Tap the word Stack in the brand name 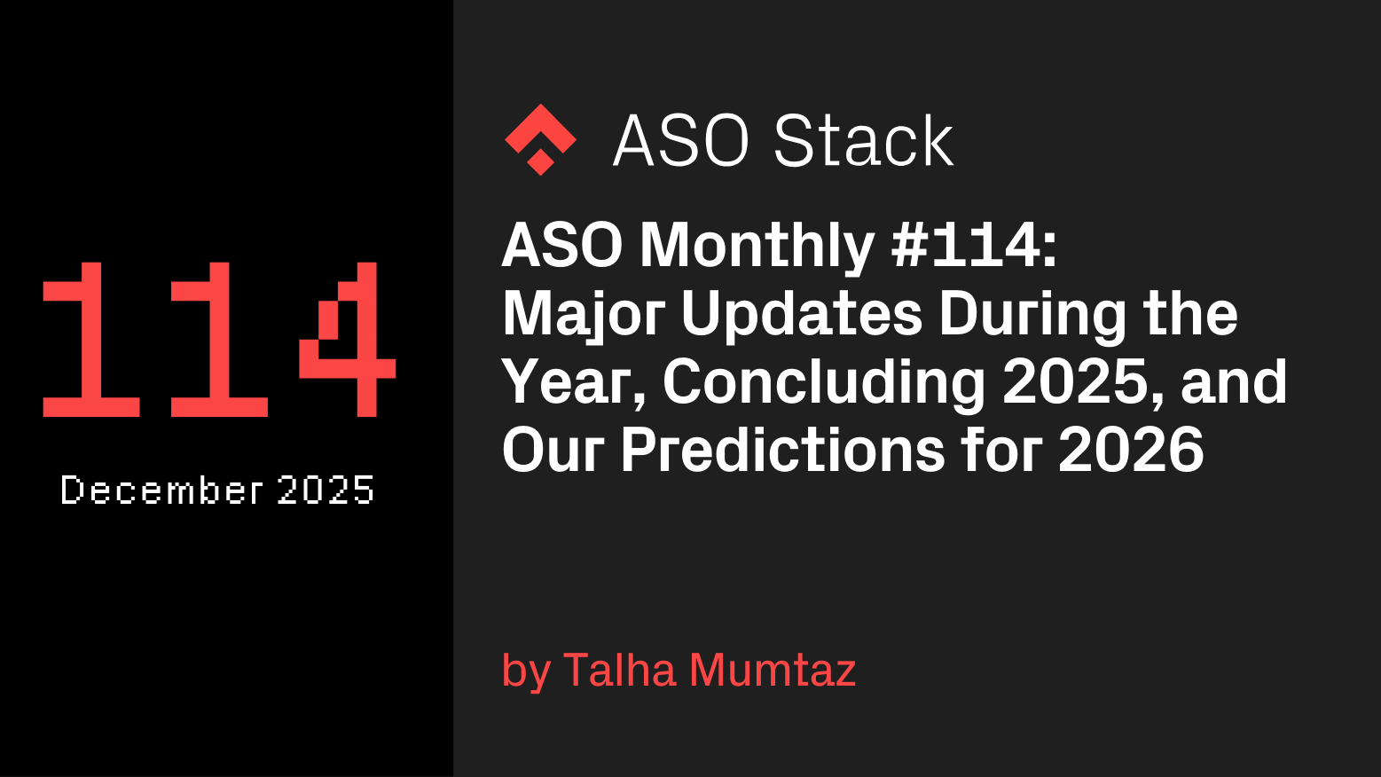point(863,141)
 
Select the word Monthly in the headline point(757,246)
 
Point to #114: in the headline point(974,246)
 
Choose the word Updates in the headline point(802,314)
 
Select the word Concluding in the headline point(824,382)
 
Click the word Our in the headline point(553,450)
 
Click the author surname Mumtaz point(772,670)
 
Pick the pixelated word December point(161,491)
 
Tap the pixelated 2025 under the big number point(326,491)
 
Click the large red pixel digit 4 point(348,339)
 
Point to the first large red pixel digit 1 point(90,339)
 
